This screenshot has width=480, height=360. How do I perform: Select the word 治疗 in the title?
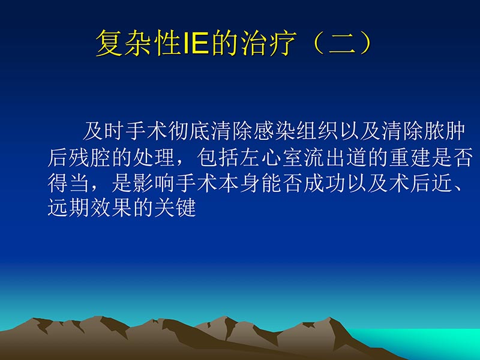pyautogui.click(x=264, y=44)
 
